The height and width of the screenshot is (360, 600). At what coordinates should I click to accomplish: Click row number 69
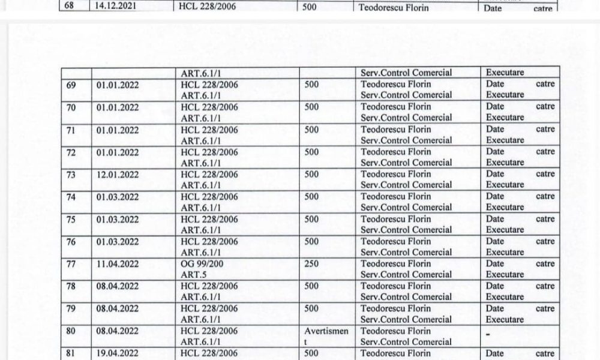[71, 85]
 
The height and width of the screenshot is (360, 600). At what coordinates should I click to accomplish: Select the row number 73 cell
[71, 175]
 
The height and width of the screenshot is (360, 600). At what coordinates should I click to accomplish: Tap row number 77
[71, 264]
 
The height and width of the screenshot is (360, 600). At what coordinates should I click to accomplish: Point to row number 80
[71, 331]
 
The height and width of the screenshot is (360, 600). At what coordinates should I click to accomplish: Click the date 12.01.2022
[118, 175]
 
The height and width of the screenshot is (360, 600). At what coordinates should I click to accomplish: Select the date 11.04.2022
[118, 264]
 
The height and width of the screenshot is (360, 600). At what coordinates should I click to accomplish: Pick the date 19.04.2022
[118, 354]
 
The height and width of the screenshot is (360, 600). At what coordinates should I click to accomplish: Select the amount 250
[312, 264]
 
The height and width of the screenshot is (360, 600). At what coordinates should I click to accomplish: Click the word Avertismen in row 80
[325, 331]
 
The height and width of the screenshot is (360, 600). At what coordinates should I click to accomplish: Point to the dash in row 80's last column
[488, 332]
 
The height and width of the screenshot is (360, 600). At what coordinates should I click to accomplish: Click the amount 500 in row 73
[312, 175]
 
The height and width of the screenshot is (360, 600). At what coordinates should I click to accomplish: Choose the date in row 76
[118, 242]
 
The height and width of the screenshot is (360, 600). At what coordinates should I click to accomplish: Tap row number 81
[71, 354]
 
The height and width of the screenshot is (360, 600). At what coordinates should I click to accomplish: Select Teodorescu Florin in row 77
[396, 264]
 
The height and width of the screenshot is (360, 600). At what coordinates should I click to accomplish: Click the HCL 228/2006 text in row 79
[209, 309]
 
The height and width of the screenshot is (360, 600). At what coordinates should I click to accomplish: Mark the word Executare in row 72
[505, 163]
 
